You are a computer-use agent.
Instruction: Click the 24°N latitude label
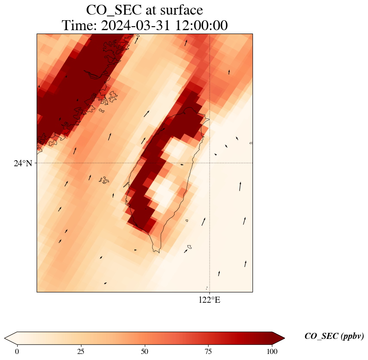point(23,164)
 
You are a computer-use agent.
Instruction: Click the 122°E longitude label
point(209,300)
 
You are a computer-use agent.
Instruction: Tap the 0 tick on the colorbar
point(17,351)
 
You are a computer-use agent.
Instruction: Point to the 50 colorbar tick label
point(145,351)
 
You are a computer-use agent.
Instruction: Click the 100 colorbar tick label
point(272,351)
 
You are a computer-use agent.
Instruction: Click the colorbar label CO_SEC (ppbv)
point(334,336)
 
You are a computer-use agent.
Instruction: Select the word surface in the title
point(180,9)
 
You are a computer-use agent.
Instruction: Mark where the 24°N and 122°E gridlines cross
point(209,163)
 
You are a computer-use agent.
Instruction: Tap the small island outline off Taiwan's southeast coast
point(189,247)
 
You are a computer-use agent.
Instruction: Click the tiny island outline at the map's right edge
point(251,143)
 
